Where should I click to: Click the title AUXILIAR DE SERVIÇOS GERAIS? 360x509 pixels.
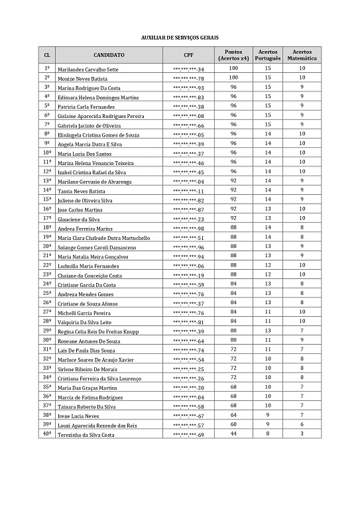[x=180, y=38]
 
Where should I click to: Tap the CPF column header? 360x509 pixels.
[x=188, y=55]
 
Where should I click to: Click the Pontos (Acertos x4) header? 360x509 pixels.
[x=233, y=55]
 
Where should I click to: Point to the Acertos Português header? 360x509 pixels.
[x=269, y=55]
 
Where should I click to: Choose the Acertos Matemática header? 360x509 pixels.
[x=302, y=55]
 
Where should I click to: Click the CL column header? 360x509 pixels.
[x=47, y=55]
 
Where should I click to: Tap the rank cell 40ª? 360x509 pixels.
[x=47, y=434]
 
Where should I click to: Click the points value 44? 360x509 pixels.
[x=233, y=434]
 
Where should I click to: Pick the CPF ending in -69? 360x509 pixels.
[x=188, y=435]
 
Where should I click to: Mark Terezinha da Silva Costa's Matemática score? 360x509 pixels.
[x=302, y=434]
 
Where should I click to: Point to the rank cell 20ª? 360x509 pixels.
[x=47, y=246]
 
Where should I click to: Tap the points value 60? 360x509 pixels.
[x=233, y=424]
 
